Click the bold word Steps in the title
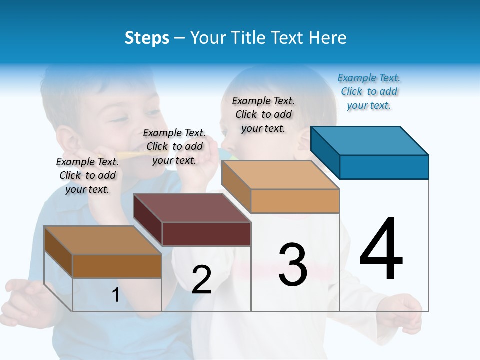pyautogui.click(x=147, y=38)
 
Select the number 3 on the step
pyautogui.click(x=293, y=264)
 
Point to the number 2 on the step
pyautogui.click(x=201, y=280)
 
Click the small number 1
pyautogui.click(x=116, y=295)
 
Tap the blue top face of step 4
pyautogui.click(x=369, y=140)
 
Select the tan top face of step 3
pyautogui.click(x=280, y=175)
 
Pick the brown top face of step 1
pyautogui.click(x=102, y=240)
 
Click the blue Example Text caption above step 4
pyautogui.click(x=369, y=92)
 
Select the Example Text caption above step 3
pyautogui.click(x=263, y=114)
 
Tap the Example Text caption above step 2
pyautogui.click(x=174, y=146)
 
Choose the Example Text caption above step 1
pyautogui.click(x=87, y=175)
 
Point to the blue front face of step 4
pyautogui.click(x=384, y=167)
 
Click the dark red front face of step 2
pyautogui.click(x=206, y=234)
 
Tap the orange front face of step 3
pyautogui.click(x=295, y=201)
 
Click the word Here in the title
pyautogui.click(x=328, y=38)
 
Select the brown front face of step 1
pyautogui.click(x=117, y=266)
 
